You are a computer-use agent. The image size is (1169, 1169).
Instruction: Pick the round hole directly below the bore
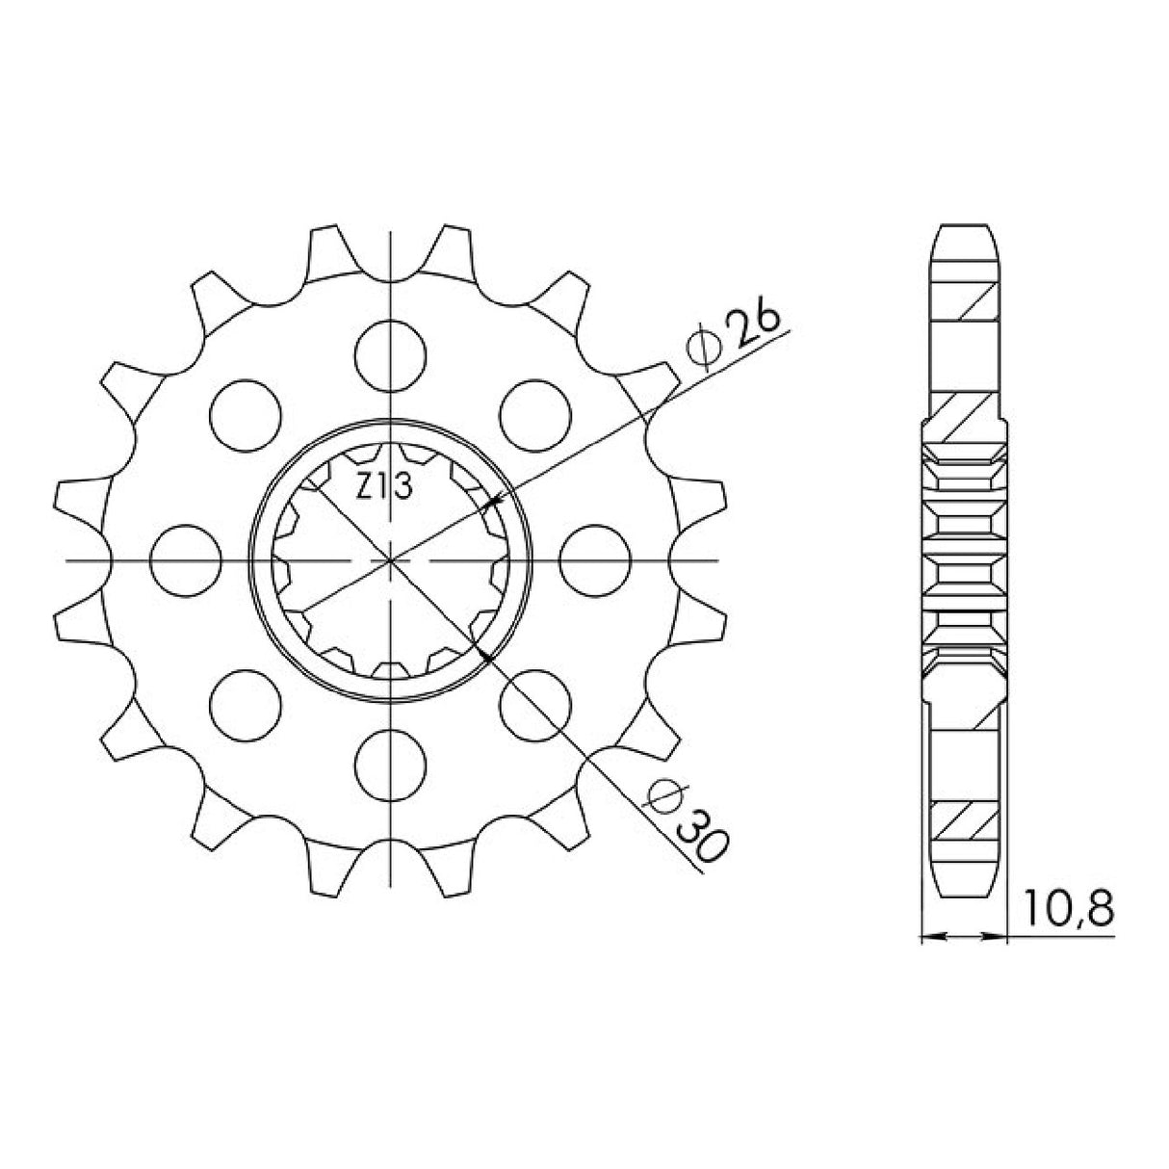(x=390, y=765)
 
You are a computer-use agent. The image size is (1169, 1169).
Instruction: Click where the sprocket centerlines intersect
(x=390, y=559)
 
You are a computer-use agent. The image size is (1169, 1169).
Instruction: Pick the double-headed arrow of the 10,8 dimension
(x=964, y=935)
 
